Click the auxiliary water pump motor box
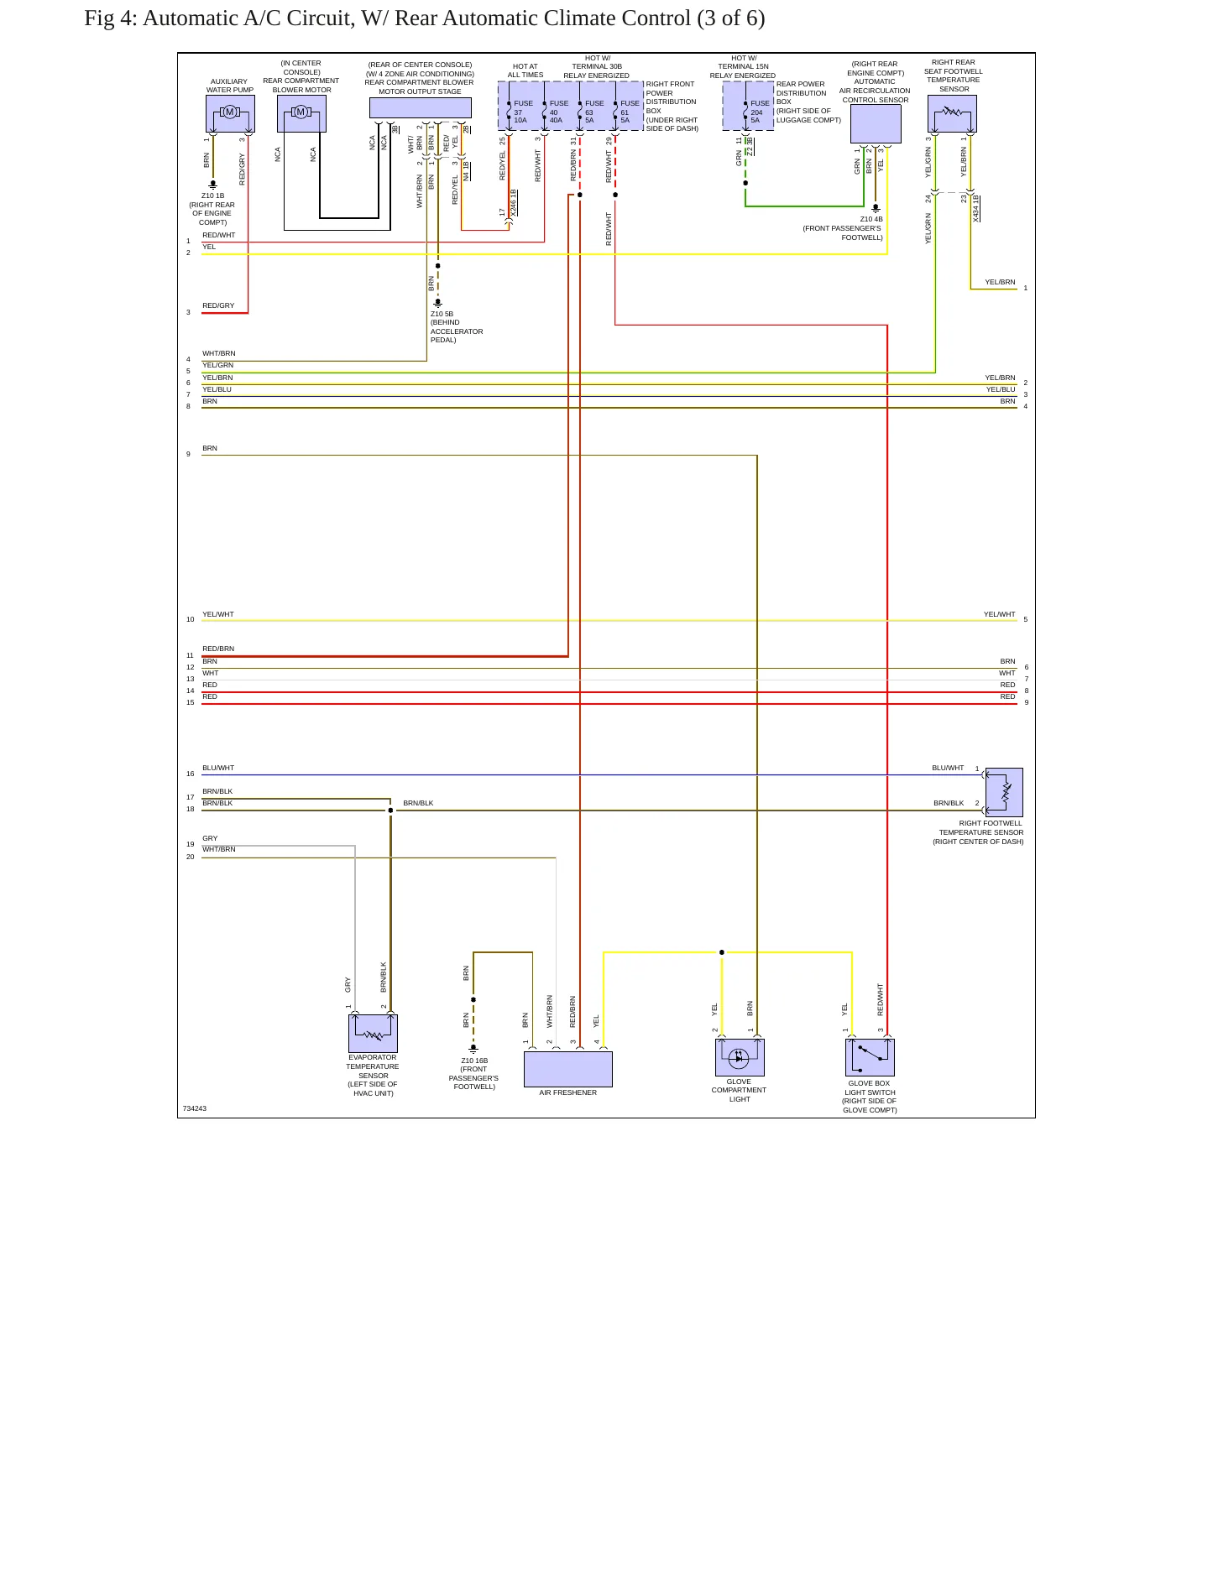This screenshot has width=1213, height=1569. tap(230, 113)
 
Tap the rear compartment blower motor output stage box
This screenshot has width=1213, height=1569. tap(420, 107)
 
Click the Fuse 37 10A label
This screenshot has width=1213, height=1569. tap(523, 112)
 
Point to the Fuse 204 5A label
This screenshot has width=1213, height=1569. tap(760, 112)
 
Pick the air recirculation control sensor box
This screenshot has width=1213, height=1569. tap(876, 124)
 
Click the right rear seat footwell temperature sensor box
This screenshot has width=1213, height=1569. tap(952, 113)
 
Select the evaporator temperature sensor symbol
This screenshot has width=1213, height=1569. tap(373, 1033)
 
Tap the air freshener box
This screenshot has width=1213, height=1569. tap(568, 1069)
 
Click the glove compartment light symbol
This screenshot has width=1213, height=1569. tap(740, 1057)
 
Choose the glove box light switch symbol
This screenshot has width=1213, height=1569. tap(870, 1057)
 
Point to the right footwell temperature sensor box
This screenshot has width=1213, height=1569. tap(1004, 792)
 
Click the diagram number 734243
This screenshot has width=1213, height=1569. tap(194, 1108)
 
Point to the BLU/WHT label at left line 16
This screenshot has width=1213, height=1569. tap(218, 768)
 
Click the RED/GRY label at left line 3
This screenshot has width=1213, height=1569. tap(218, 305)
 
